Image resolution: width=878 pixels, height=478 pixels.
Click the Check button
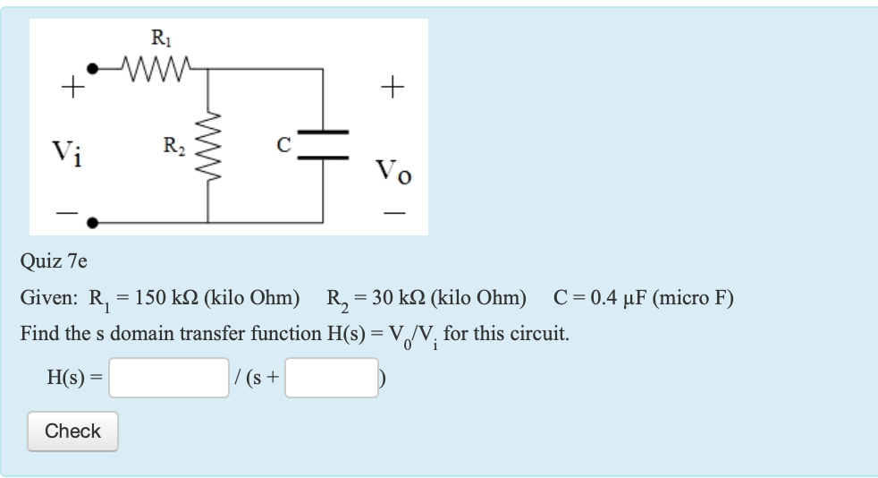[72, 431]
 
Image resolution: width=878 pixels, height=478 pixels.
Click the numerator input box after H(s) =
[169, 378]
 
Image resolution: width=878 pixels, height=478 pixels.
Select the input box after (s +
[332, 378]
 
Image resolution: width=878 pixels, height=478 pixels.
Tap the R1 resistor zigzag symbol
[157, 67]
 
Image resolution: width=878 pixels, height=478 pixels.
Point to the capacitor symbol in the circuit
[323, 144]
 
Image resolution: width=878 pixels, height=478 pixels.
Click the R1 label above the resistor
[158, 38]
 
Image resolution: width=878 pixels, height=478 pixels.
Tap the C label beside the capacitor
[283, 143]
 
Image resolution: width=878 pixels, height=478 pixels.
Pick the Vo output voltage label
[393, 169]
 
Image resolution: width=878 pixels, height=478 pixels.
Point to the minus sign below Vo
[394, 214]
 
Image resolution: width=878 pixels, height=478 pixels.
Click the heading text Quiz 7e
[54, 261]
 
